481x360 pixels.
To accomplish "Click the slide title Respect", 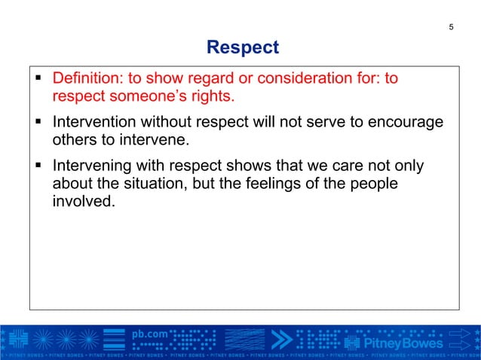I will [x=242, y=48].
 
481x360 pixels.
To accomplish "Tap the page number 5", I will [x=451, y=28].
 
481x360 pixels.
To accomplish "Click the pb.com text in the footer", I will [x=150, y=333].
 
